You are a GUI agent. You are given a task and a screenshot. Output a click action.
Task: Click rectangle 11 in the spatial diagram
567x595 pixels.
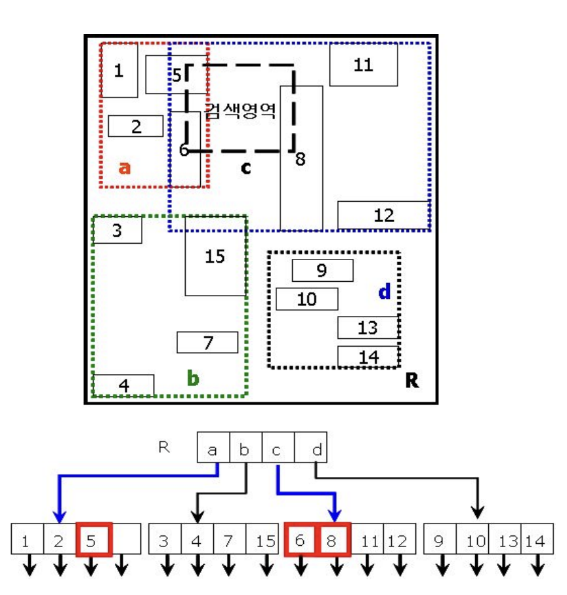[x=363, y=64]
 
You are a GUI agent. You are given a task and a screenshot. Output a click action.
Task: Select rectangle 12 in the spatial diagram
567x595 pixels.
[x=383, y=215]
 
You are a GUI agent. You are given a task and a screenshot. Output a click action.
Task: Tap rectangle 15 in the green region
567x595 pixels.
[x=215, y=256]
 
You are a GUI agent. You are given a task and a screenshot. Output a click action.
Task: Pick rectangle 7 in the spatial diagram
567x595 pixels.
[x=207, y=343]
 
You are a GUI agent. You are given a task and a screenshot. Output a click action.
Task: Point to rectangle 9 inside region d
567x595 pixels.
[x=322, y=270]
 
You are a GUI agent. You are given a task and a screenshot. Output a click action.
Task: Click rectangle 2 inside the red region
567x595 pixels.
[x=136, y=126]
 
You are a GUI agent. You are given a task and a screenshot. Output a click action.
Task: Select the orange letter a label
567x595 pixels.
[x=125, y=168]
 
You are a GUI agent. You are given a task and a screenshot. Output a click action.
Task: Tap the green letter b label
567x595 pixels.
[x=193, y=377]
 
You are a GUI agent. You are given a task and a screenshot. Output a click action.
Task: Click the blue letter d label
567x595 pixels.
[x=384, y=292]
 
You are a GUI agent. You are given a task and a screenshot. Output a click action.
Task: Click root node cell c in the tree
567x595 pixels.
[x=278, y=450]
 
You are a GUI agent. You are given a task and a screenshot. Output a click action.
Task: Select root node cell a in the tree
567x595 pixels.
[x=213, y=450]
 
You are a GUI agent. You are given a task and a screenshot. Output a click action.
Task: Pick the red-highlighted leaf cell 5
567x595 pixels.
[x=94, y=540]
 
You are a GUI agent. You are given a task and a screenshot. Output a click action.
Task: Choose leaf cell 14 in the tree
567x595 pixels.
[x=535, y=541]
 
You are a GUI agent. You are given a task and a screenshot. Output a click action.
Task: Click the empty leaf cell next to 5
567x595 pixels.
[x=127, y=540]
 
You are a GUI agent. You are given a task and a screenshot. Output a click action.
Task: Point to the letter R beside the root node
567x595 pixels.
[x=163, y=447]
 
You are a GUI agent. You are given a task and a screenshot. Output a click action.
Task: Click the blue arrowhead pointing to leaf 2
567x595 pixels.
[x=60, y=516]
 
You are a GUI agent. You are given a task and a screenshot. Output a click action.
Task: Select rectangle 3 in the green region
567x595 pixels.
[x=117, y=231]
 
